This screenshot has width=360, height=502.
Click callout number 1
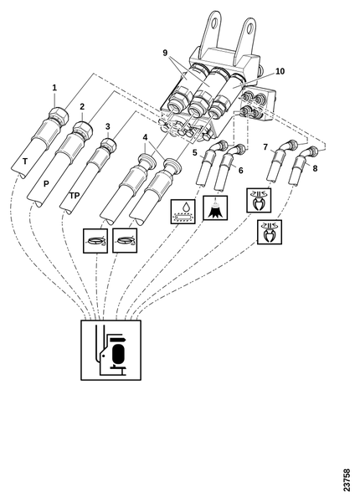(54, 87)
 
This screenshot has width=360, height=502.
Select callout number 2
(82, 106)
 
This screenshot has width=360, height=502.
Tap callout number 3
(108, 126)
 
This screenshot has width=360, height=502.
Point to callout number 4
(146, 137)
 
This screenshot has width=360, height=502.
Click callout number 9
(165, 53)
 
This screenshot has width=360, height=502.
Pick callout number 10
(280, 71)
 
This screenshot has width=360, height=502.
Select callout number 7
(265, 147)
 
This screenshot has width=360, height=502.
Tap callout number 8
(315, 168)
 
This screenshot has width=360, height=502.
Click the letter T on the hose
(25, 161)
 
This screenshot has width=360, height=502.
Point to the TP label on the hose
(75, 195)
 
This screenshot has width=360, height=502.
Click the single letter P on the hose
(46, 184)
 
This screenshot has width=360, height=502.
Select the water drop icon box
(183, 212)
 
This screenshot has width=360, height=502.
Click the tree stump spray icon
(215, 207)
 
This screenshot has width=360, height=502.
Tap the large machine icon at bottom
(111, 350)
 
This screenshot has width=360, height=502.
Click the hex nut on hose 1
(59, 115)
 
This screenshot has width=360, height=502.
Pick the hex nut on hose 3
(108, 146)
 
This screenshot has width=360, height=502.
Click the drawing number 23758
(347, 480)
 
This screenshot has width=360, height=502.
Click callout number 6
(240, 171)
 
